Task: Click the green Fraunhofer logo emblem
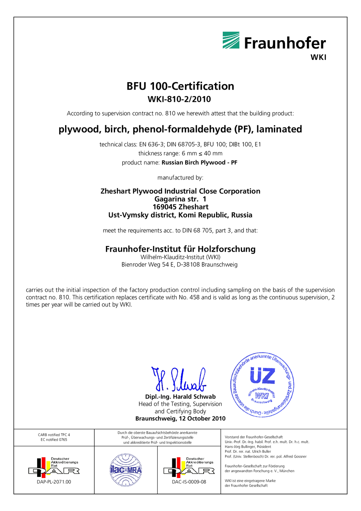[x=231, y=40]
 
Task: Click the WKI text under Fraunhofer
[x=318, y=57]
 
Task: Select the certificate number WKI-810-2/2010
[x=179, y=99]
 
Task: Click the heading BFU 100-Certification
[x=180, y=86]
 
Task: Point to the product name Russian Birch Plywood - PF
[x=199, y=162]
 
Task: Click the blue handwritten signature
[x=179, y=380]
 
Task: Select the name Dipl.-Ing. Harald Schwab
[x=180, y=397]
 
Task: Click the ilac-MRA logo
[x=126, y=470]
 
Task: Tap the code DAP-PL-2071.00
[x=54, y=482]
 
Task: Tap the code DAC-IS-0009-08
[x=189, y=482]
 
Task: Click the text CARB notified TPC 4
[x=54, y=435]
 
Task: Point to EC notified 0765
[x=54, y=439]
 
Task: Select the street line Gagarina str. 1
[x=180, y=199]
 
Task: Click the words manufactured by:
[x=180, y=177]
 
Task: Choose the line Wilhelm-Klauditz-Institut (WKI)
[x=180, y=257]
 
